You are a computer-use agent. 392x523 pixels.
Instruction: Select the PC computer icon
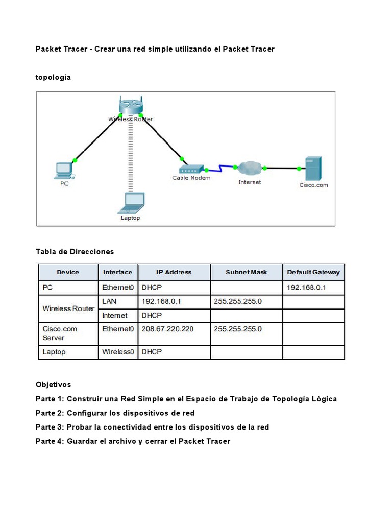[64, 170]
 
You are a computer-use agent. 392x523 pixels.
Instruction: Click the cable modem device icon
[191, 169]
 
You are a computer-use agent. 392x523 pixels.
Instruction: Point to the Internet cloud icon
[250, 167]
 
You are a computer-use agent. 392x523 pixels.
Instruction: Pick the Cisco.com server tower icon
[312, 168]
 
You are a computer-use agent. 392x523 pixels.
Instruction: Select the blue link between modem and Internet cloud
[219, 168]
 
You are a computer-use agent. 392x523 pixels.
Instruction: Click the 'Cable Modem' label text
[191, 178]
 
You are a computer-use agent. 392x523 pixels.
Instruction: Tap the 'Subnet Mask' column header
[246, 272]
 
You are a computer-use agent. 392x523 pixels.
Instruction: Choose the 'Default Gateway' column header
[313, 272]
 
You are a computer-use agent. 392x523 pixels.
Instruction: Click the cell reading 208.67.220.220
[168, 329]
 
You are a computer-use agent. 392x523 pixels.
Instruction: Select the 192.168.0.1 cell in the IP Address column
[162, 302]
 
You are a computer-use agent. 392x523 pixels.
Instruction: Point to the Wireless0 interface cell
[118, 352]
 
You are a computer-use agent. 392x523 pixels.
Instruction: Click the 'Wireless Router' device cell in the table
[68, 308]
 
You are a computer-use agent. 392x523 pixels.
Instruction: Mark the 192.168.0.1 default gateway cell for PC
[306, 288]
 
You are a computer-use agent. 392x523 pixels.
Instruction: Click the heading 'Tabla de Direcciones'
[75, 252]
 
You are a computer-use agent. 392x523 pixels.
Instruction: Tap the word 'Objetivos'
[54, 384]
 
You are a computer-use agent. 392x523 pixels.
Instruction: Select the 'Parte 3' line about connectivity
[152, 427]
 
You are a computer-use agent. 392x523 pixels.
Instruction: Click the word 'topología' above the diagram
[54, 77]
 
